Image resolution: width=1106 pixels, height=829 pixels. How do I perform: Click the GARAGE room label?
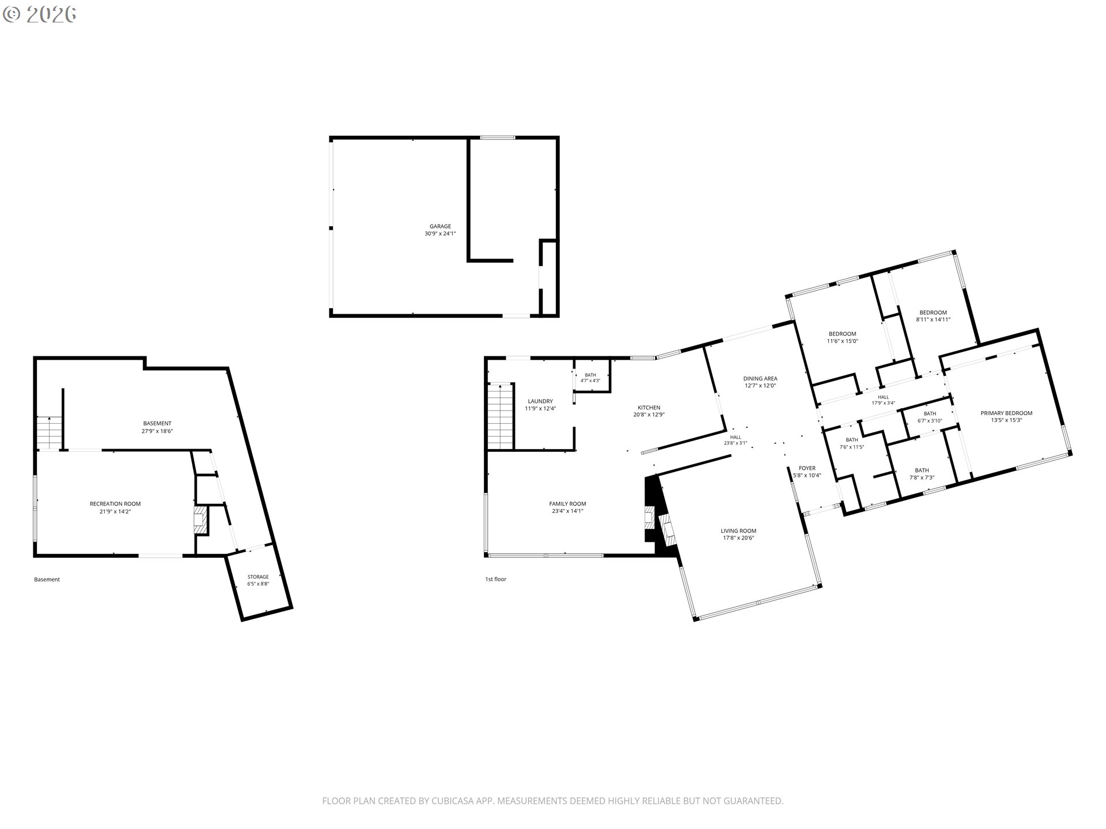point(440,226)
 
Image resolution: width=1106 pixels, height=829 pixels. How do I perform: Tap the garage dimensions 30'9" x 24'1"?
point(440,234)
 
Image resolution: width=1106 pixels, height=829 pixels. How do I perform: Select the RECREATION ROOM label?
point(115,504)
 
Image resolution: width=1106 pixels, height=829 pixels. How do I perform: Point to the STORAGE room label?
point(258,577)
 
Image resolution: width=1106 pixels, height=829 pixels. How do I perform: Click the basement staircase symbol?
point(50,432)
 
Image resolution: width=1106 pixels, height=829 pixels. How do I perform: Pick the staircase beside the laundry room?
point(500,416)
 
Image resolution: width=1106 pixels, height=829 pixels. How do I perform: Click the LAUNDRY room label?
point(540,401)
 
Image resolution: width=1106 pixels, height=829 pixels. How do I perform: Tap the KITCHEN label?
point(649,408)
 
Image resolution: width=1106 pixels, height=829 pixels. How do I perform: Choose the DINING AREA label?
point(760,378)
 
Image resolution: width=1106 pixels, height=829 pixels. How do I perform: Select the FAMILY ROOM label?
point(567,504)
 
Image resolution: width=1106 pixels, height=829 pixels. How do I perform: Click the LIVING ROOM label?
point(738,531)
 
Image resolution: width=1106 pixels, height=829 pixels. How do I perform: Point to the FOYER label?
point(807,468)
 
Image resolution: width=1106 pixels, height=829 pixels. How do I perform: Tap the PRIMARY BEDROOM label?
point(1006,413)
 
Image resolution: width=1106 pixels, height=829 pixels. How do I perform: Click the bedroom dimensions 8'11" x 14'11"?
point(933,320)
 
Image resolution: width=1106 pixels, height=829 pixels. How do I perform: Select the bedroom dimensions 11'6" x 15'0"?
point(843,341)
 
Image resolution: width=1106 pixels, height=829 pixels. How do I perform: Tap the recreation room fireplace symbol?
point(201,520)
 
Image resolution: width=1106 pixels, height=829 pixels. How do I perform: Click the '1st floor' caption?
point(495,579)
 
